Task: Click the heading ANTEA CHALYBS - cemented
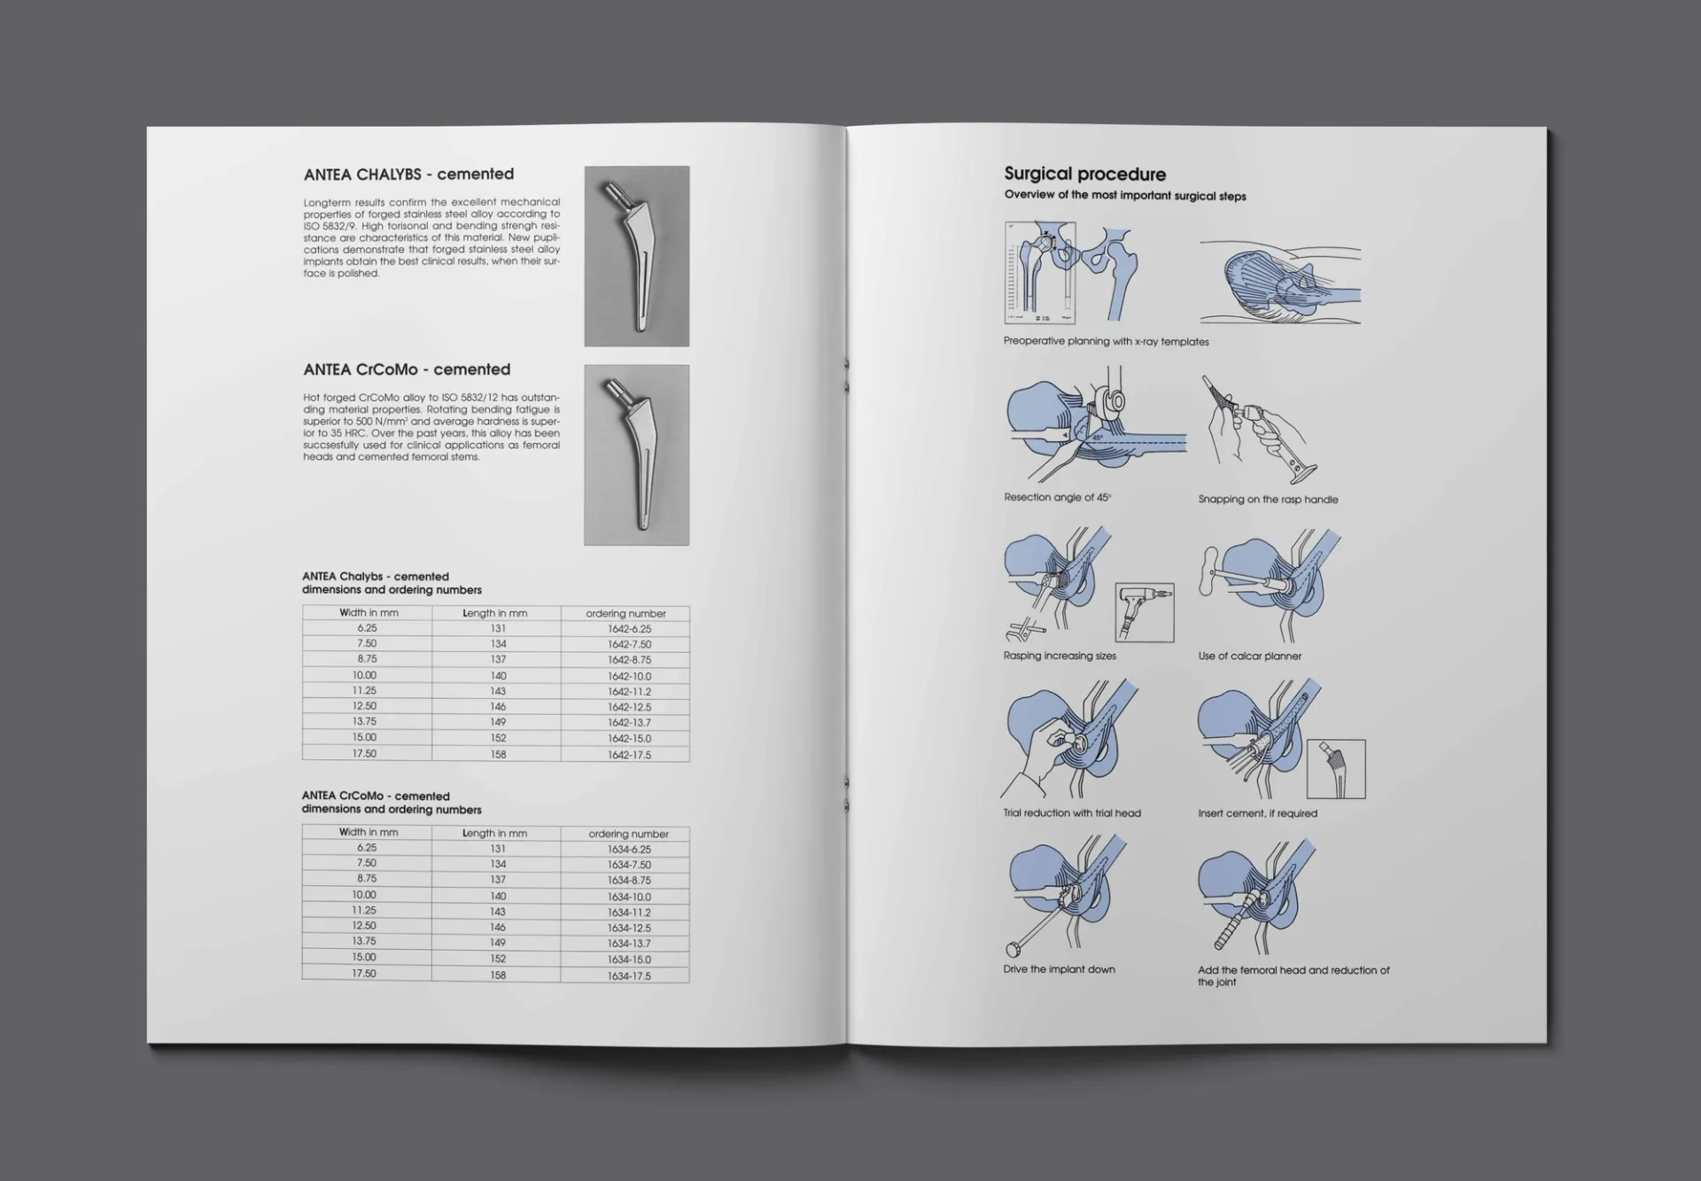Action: pos(408,175)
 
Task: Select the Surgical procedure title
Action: pos(1084,175)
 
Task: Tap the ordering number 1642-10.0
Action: pos(629,676)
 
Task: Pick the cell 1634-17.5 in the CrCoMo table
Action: pos(629,975)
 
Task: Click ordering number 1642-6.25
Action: pos(629,629)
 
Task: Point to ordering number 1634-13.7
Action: pos(629,944)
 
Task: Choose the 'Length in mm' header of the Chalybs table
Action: pos(494,613)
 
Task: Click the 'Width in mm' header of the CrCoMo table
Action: pos(369,832)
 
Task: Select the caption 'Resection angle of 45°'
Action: pos(1057,498)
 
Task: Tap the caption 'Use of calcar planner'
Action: pos(1249,657)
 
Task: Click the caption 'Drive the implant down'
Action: pos(1059,969)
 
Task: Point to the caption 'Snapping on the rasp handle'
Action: pos(1268,500)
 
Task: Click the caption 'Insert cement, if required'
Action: pos(1257,813)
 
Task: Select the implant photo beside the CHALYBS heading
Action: pos(636,256)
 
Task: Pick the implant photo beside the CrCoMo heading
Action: pos(636,455)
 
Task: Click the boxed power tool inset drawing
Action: pos(1144,612)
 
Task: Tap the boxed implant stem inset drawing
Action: pos(1336,769)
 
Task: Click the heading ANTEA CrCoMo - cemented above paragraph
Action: pos(407,369)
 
